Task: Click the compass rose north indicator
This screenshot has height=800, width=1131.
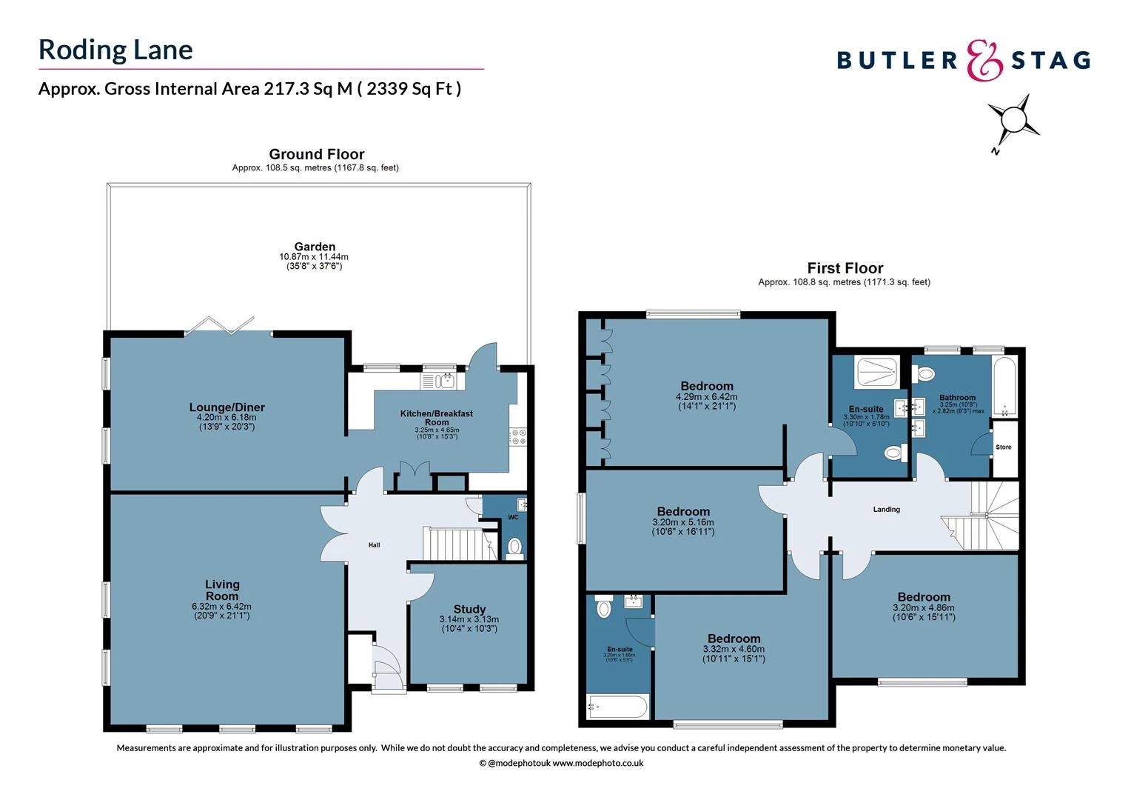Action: click(1013, 121)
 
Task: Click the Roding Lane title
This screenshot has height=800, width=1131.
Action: click(115, 50)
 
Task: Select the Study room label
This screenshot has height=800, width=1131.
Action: click(469, 609)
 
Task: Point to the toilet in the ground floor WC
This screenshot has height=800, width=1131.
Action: click(514, 547)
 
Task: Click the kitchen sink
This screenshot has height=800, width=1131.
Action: click(443, 381)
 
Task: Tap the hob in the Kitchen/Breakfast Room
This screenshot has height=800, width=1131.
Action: click(517, 437)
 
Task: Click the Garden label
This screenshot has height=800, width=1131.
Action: click(315, 247)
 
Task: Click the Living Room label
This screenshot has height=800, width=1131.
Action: click(221, 590)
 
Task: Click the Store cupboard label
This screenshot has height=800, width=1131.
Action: click(1003, 447)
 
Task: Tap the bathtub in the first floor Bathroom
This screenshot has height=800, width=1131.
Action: click(1004, 387)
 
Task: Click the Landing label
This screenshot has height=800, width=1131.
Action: click(886, 510)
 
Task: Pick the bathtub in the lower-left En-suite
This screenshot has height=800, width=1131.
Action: click(618, 707)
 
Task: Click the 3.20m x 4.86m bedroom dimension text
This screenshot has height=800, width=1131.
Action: click(923, 608)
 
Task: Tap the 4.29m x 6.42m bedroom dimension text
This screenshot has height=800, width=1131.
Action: click(706, 397)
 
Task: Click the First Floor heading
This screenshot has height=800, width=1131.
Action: click(845, 268)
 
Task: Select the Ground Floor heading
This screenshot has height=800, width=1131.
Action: click(316, 154)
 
